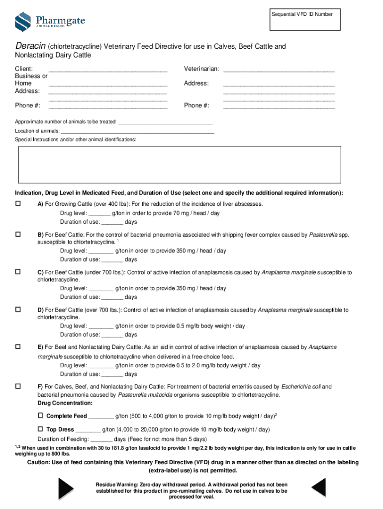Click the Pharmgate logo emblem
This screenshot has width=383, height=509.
pyautogui.click(x=23, y=21)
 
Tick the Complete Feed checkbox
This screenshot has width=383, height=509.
pyautogui.click(x=41, y=415)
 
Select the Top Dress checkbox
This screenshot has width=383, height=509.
pyautogui.click(x=41, y=428)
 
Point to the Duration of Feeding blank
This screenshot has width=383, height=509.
pyautogui.click(x=101, y=440)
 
